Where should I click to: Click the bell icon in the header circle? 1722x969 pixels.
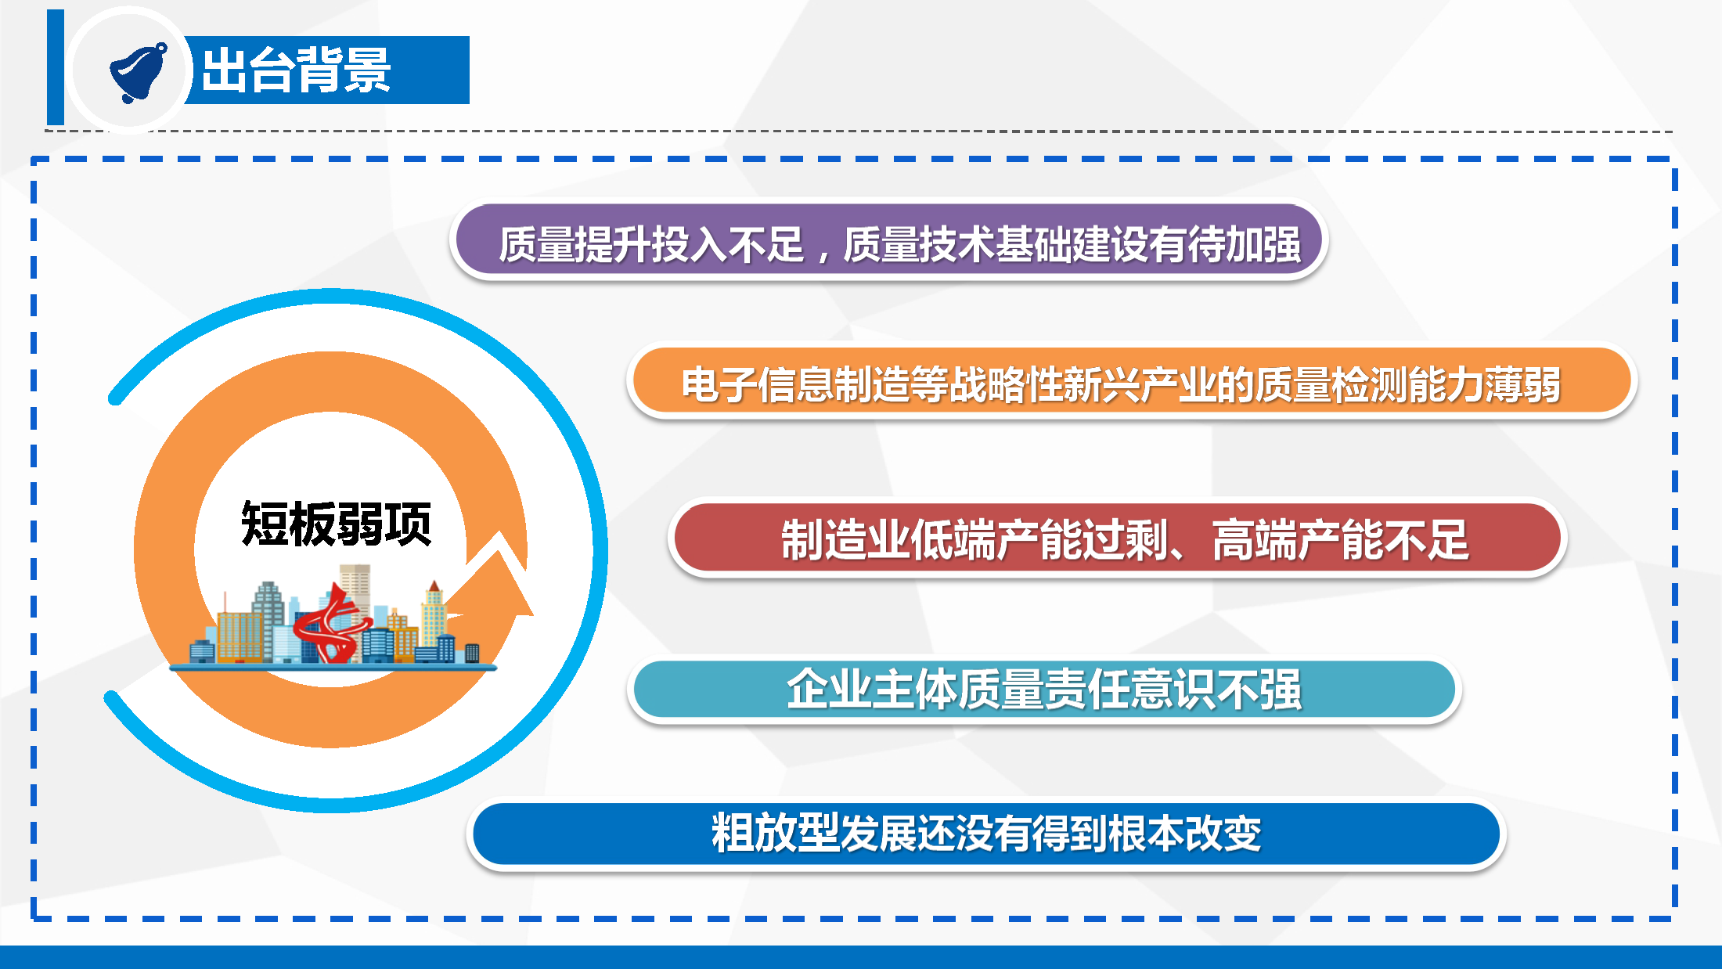(139, 72)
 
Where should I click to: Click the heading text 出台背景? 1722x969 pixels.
(296, 70)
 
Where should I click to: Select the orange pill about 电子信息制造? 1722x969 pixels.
(1131, 384)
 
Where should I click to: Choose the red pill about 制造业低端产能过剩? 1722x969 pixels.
(1118, 539)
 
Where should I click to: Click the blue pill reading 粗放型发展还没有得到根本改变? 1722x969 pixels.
(986, 833)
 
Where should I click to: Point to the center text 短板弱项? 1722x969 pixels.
(336, 523)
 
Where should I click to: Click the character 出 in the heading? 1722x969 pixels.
(225, 70)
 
